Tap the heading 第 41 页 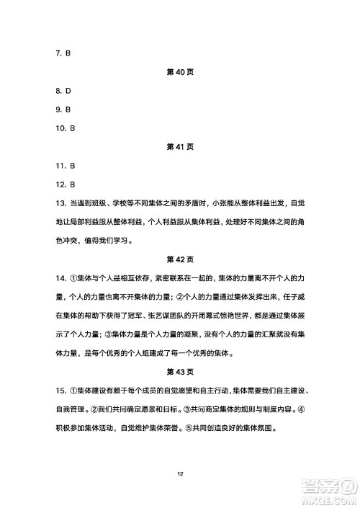tap(179, 146)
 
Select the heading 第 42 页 tap(179, 258)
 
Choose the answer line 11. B tap(64, 165)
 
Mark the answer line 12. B tap(64, 184)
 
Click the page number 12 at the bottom tap(179, 473)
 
